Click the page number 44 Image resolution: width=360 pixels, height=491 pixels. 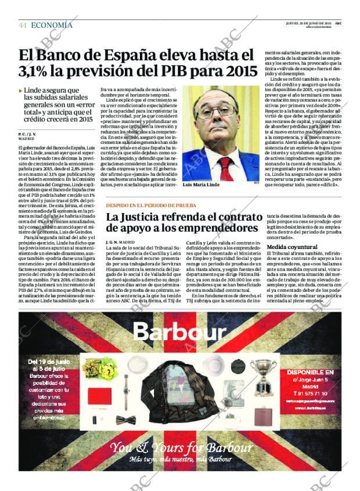click(23, 25)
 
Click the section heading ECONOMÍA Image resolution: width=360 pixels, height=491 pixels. click(52, 25)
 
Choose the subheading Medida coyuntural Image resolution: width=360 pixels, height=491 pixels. click(291, 247)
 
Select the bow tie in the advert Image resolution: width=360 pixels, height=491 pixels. click(125, 420)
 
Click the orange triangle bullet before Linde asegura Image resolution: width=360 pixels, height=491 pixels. click(21, 91)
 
